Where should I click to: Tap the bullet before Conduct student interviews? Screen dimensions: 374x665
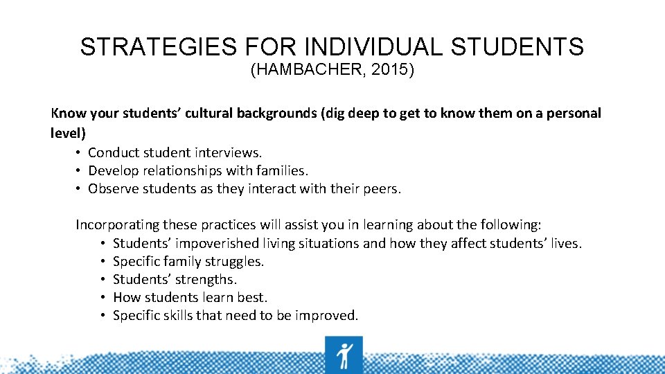[80, 152]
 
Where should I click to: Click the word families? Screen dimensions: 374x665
[281, 170]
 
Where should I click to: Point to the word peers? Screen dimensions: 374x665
[382, 188]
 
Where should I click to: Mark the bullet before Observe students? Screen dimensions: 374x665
[80, 189]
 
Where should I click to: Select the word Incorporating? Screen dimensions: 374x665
[117, 224]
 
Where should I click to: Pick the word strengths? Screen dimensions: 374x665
[206, 279]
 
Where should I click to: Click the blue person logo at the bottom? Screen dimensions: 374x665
[343, 355]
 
